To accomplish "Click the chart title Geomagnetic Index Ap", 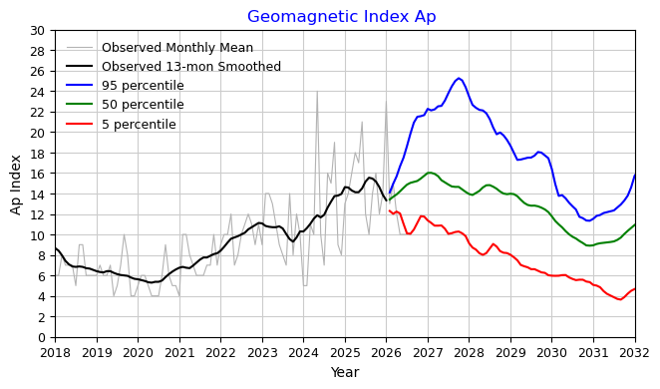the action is point(341,16).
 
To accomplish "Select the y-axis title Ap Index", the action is point(16,185).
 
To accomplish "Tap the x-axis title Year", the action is point(345,372).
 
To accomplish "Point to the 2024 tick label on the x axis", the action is point(303,353).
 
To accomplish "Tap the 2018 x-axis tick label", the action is point(55,353).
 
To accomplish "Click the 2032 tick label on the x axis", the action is point(635,353).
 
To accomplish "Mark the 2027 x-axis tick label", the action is point(428,353).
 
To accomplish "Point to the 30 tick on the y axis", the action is point(38,30).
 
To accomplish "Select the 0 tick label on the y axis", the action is point(41,338).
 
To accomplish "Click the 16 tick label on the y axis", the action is point(38,174).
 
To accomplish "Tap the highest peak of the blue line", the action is point(459,78).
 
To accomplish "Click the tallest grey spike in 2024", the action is point(317,92).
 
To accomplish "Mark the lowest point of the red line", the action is point(619,299).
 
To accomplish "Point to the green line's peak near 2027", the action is point(430,173).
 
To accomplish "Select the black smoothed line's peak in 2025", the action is point(369,178).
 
